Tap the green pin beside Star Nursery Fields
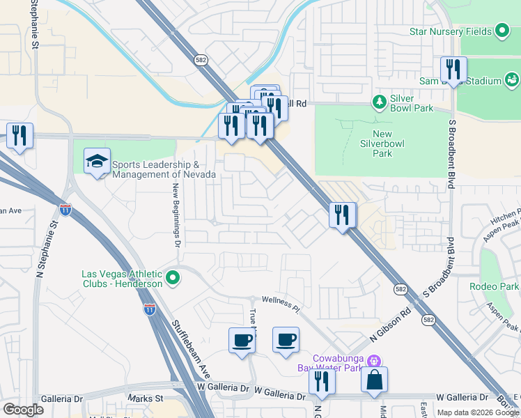tap(502, 31)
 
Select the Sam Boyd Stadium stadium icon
tap(512, 80)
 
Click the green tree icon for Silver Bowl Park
tap(380, 102)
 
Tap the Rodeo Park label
tap(495, 286)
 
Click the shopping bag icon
tap(374, 380)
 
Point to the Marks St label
tap(145, 398)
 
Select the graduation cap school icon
tap(97, 162)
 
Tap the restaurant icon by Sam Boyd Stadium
tap(453, 70)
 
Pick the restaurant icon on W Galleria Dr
tap(322, 381)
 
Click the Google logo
tap(23, 410)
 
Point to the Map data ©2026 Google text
tap(477, 412)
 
